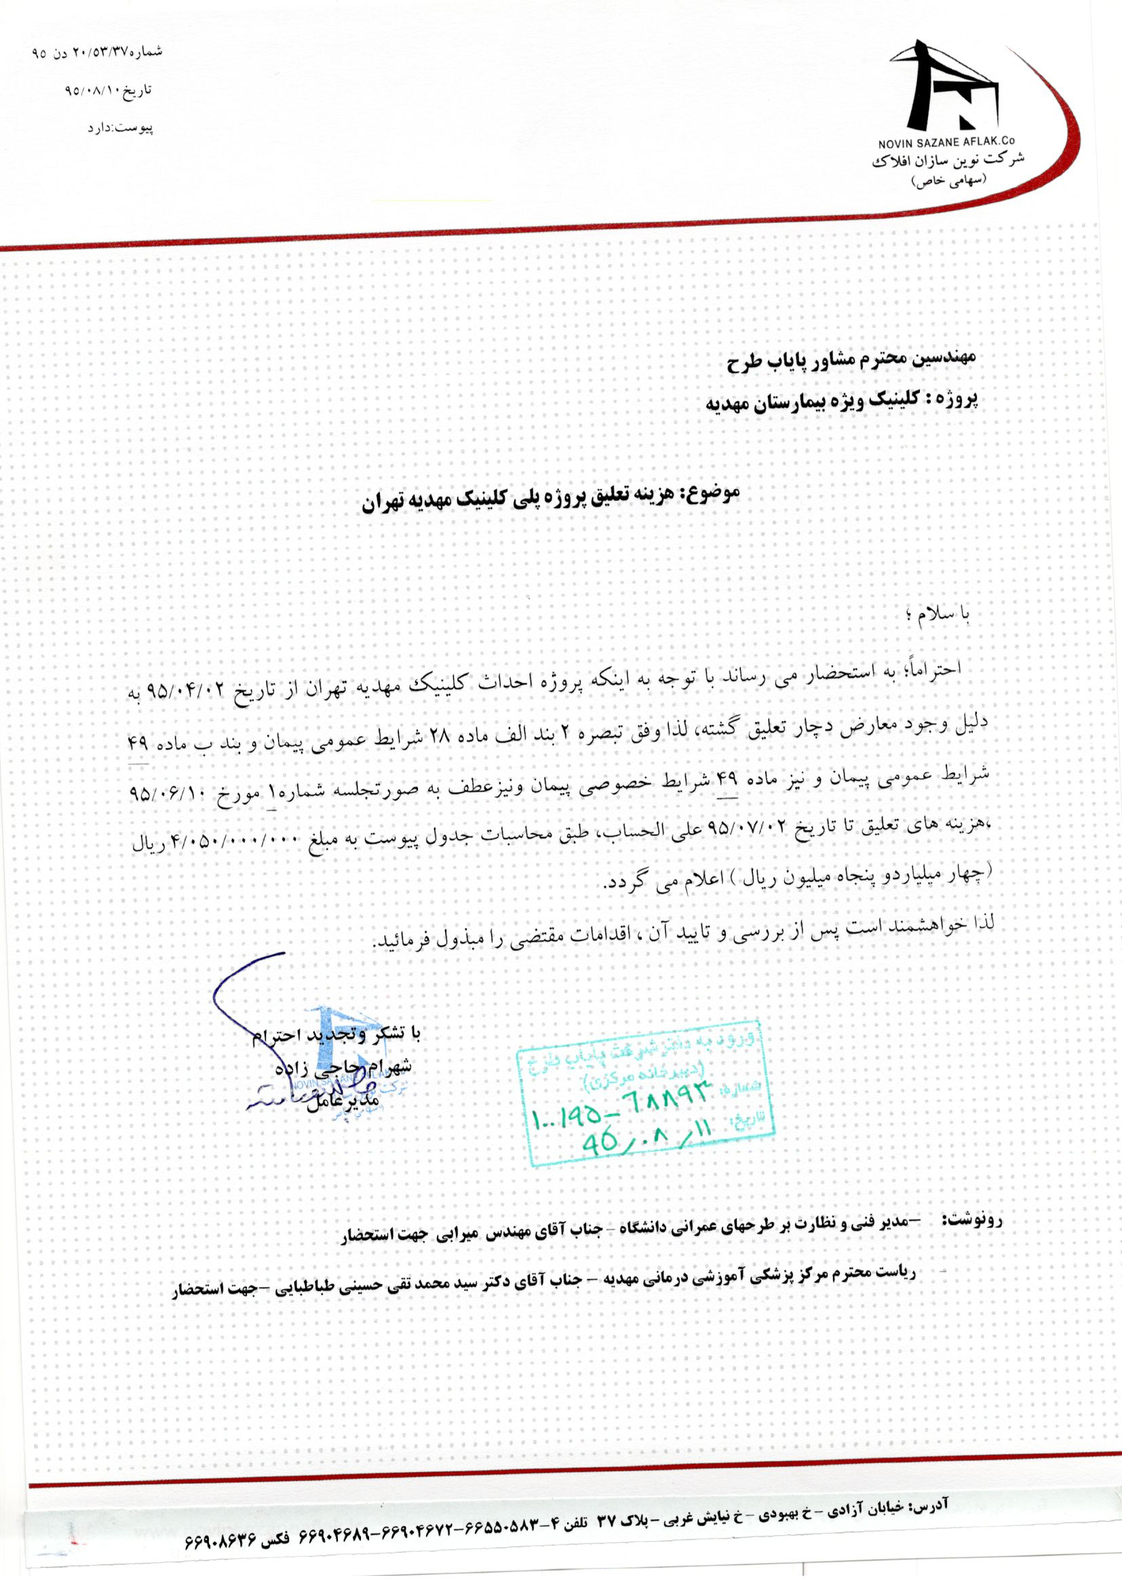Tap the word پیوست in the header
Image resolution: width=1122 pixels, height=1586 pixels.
[138, 128]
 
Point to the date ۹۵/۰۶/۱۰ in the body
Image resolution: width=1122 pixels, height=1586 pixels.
[163, 793]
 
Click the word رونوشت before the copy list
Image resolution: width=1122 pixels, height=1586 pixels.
[975, 1219]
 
